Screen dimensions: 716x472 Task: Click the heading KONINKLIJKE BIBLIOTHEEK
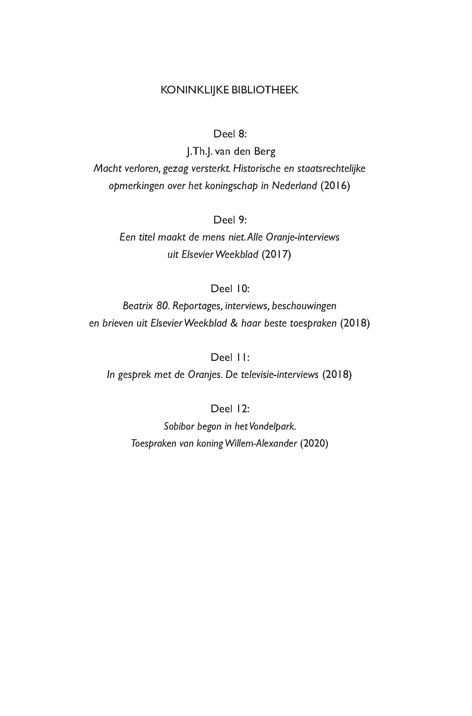point(229,90)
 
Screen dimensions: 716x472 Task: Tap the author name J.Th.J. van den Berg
point(231,151)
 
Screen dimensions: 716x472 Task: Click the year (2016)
point(335,186)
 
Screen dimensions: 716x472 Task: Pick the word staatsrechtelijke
point(331,168)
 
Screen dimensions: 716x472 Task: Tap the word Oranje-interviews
point(302,237)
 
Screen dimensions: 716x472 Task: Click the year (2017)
point(276,254)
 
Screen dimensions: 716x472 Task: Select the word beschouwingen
point(304,306)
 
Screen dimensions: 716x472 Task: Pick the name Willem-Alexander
point(261,443)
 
